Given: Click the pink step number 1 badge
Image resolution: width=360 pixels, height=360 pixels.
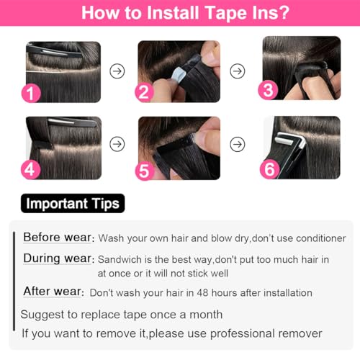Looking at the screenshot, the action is pos(31,93).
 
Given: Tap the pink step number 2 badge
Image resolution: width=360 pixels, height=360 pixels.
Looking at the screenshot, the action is pos(144,92).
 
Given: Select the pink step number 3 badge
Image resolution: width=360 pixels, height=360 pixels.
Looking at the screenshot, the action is pos(268,90).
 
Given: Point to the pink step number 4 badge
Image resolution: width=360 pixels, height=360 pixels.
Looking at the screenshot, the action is pos(30,169).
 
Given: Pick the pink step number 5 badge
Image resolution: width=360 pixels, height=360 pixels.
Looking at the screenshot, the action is pos(145,171).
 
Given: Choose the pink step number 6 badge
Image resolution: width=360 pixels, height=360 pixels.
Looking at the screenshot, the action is pos(270,169).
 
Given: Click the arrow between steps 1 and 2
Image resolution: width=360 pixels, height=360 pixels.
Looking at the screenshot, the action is pos(117,71).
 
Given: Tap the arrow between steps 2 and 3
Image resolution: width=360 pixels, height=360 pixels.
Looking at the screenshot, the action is pos(238,71).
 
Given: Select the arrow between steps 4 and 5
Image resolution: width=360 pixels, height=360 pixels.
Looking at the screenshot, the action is pos(117,144).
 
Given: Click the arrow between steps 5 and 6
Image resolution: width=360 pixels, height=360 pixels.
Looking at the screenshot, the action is pos(238,144).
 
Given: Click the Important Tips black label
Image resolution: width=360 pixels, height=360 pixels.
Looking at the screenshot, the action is pos(73,203).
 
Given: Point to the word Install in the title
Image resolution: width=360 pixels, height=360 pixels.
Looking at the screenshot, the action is pos(173,13).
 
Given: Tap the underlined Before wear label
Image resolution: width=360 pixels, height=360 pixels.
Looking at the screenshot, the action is pos(57,238).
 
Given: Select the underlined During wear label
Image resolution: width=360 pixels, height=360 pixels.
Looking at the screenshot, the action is pos(58,258).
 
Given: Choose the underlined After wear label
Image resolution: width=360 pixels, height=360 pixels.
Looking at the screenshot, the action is pos(53,292).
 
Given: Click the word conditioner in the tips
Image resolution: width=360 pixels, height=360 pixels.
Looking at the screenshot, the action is pos(321,238).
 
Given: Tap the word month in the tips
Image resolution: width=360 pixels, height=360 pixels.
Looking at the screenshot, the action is pos(206,315).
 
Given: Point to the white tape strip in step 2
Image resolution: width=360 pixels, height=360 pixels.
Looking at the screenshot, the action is pos(179,75).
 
